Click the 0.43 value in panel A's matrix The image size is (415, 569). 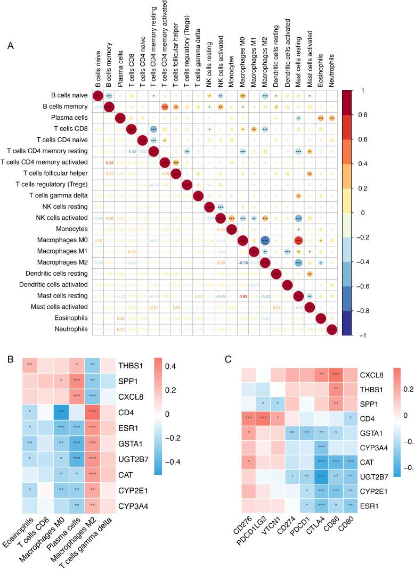pyautogui.click(x=110, y=162)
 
